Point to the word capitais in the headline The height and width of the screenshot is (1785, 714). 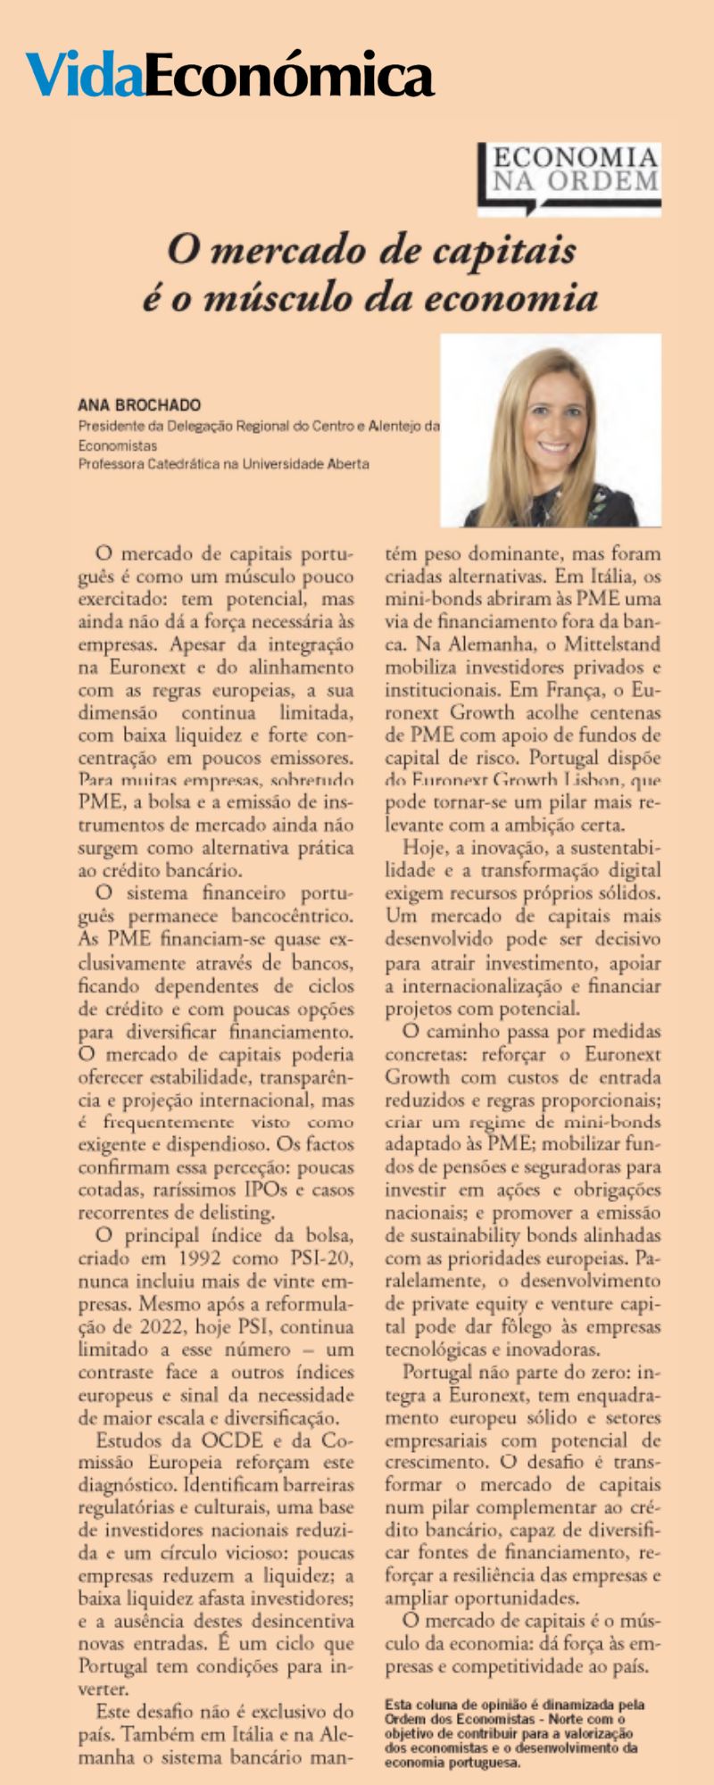[510, 251]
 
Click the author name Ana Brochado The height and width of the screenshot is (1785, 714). [139, 404]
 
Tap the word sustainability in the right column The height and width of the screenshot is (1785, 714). [462, 1236]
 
